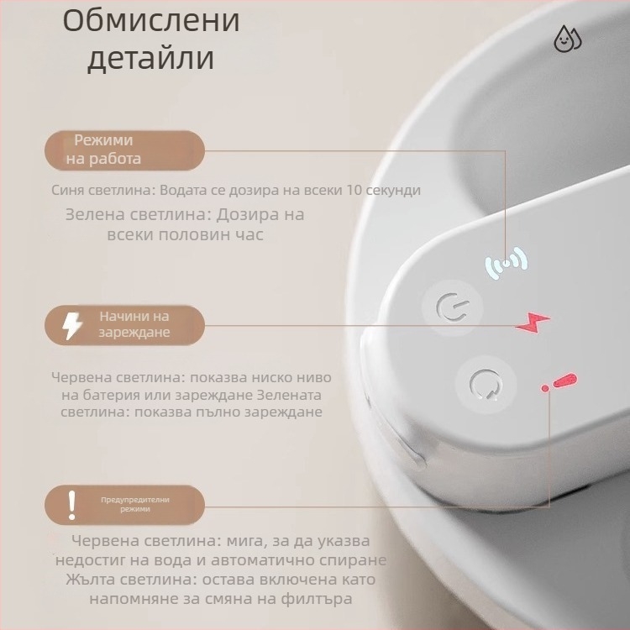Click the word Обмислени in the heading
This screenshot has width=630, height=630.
pyautogui.click(x=151, y=21)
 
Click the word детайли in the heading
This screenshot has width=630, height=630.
pyautogui.click(x=151, y=59)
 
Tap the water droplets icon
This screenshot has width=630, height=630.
pyautogui.click(x=568, y=39)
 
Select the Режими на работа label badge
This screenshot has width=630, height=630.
pyautogui.click(x=124, y=150)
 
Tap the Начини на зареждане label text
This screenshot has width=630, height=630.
pyautogui.click(x=134, y=324)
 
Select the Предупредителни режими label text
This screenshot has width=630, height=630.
pyautogui.click(x=134, y=504)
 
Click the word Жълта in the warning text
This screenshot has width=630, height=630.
pyautogui.click(x=88, y=580)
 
